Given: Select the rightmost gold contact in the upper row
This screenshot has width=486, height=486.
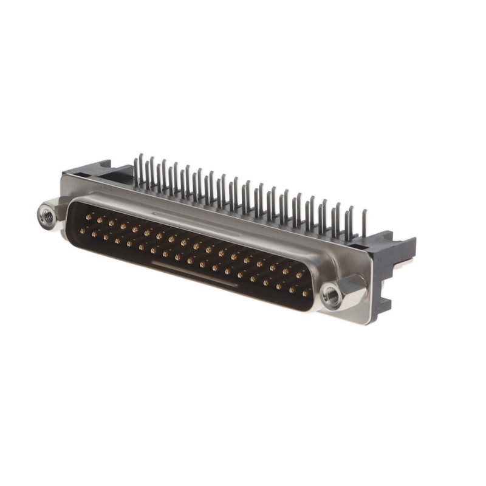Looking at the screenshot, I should [x=298, y=275].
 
